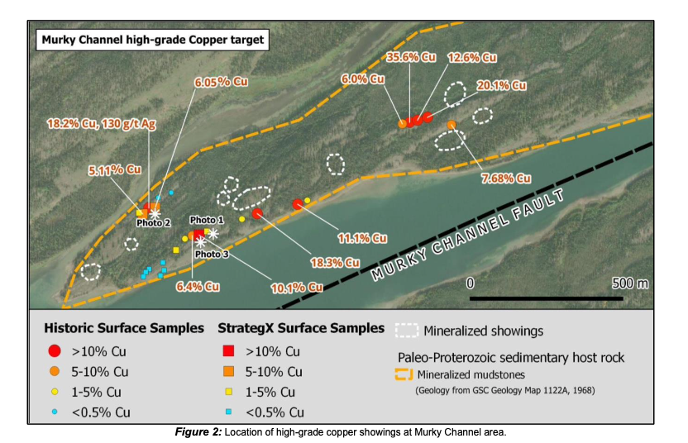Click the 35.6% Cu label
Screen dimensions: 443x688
click(x=411, y=57)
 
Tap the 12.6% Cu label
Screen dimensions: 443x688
click(x=472, y=58)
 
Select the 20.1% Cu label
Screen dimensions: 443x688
click(x=502, y=85)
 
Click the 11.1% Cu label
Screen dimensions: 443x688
click(x=362, y=238)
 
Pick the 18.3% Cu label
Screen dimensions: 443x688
click(x=336, y=263)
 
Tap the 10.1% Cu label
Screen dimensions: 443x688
click(x=296, y=287)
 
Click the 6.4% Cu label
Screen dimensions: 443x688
click(x=198, y=287)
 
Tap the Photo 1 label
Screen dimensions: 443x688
click(x=207, y=220)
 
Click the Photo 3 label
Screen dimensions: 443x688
click(x=212, y=255)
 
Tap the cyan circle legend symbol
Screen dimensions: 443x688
click(x=55, y=411)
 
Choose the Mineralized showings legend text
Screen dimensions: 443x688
click(x=483, y=331)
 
